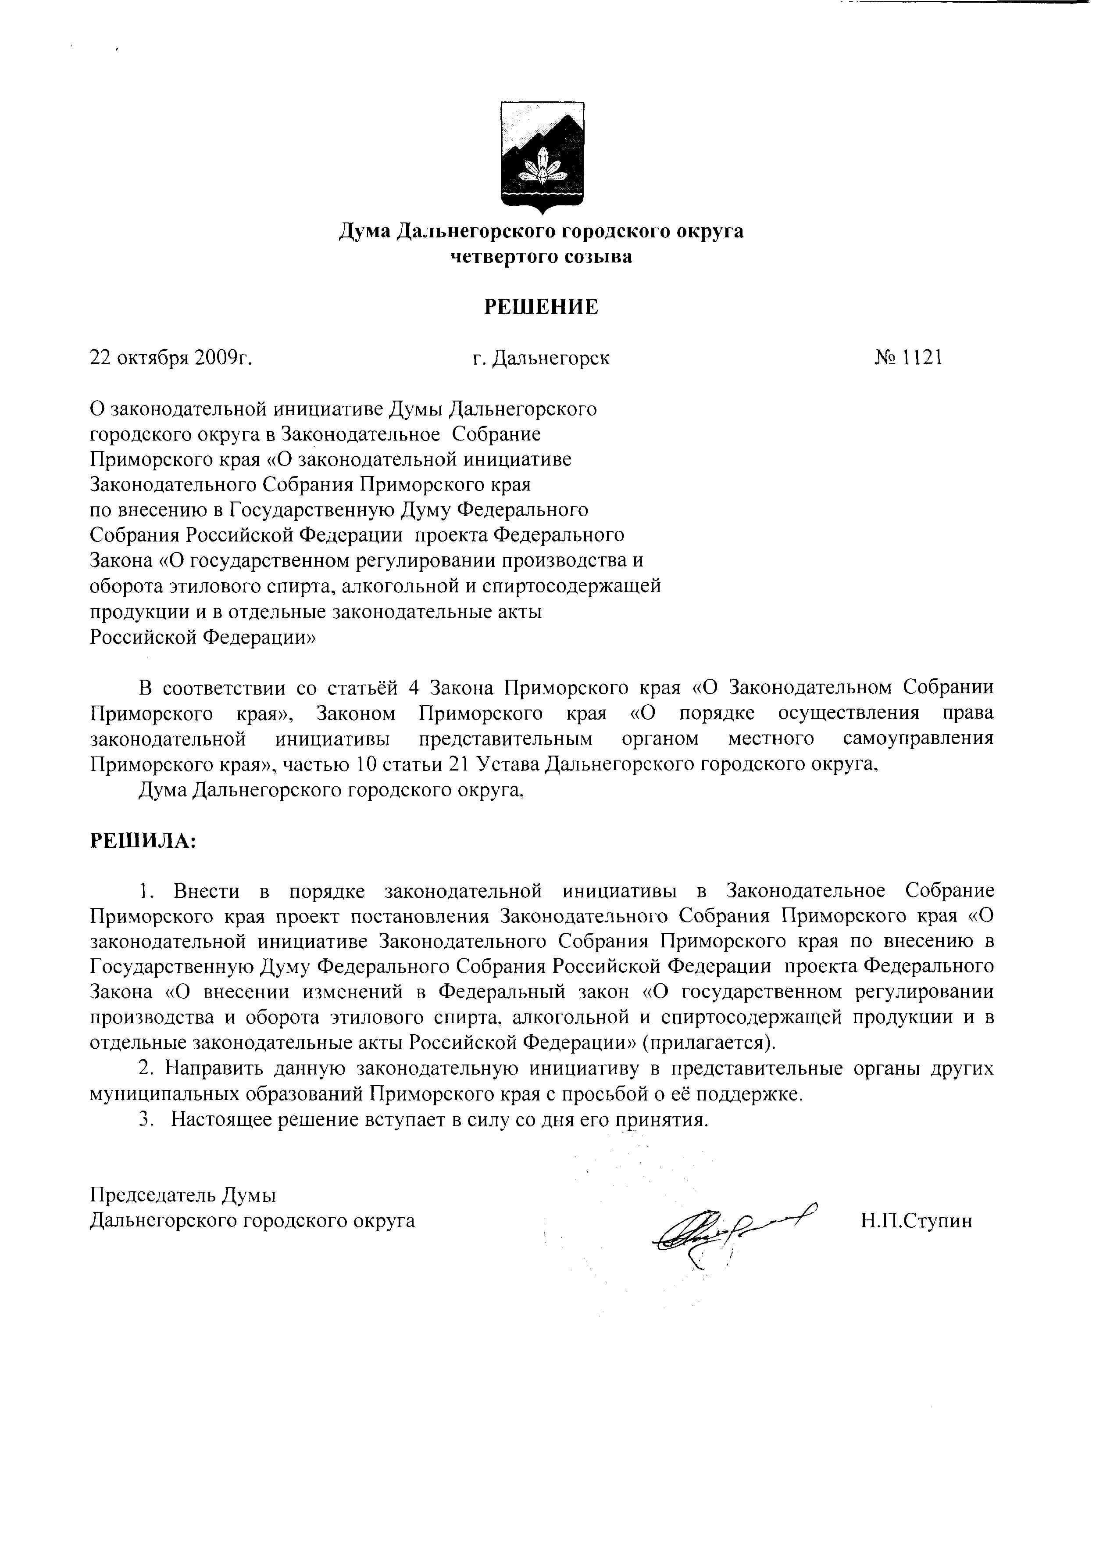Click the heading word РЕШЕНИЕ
click(541, 307)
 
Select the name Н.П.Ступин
click(916, 1221)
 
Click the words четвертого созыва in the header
click(541, 257)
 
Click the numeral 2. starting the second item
click(145, 1069)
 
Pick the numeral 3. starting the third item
click(145, 1120)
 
